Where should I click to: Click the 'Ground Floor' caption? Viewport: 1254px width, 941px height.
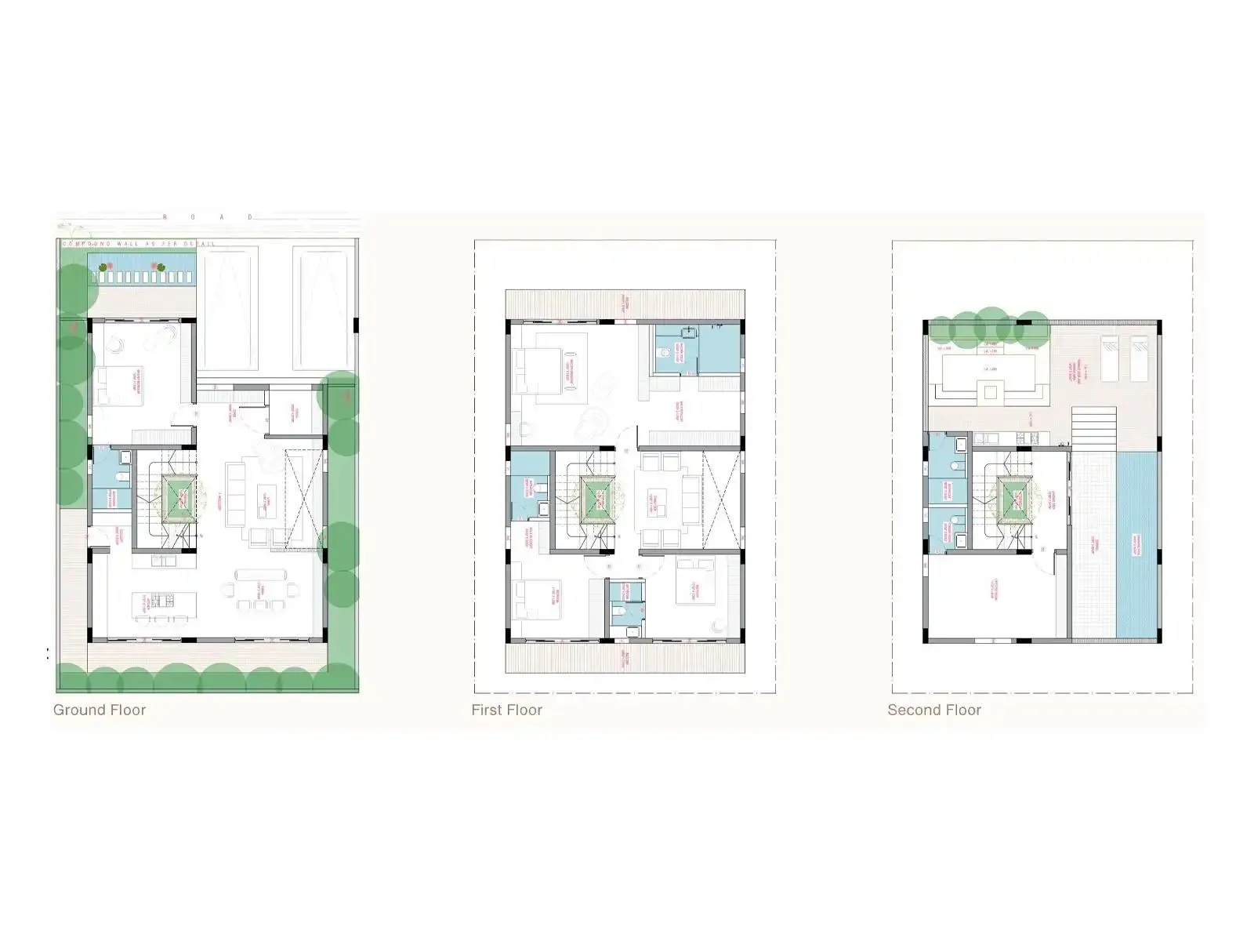[x=100, y=710]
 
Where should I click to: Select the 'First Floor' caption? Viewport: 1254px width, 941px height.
[x=506, y=710]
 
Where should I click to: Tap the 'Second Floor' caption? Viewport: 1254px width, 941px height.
[x=934, y=710]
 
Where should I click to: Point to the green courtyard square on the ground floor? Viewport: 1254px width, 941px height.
[x=179, y=498]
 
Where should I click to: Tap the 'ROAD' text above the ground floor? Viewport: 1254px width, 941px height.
[x=208, y=217]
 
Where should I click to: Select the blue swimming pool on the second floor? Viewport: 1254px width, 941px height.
[x=1136, y=545]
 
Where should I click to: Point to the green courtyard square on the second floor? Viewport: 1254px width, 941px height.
[x=1016, y=499]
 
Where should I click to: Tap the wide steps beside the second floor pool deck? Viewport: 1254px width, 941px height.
[x=1093, y=427]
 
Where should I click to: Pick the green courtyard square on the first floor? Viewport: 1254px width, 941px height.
[x=598, y=498]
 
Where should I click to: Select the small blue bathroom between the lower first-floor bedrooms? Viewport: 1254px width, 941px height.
[x=625, y=608]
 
